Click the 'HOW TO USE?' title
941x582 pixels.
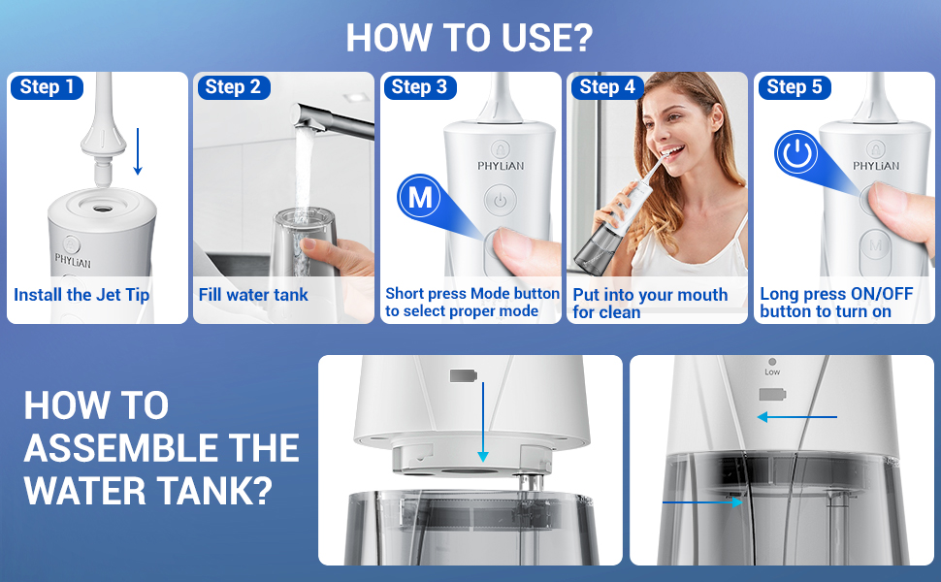click(x=470, y=37)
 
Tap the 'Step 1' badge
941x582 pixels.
click(x=47, y=87)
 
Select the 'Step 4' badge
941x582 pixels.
click(x=607, y=87)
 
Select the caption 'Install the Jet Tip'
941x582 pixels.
click(x=81, y=295)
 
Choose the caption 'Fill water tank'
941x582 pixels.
click(x=253, y=295)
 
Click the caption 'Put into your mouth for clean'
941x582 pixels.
click(x=650, y=303)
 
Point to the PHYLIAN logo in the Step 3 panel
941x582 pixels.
click(x=501, y=166)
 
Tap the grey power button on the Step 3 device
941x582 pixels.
click(x=499, y=202)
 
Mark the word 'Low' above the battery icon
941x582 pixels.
click(x=772, y=372)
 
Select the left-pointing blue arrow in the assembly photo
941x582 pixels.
click(x=796, y=417)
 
